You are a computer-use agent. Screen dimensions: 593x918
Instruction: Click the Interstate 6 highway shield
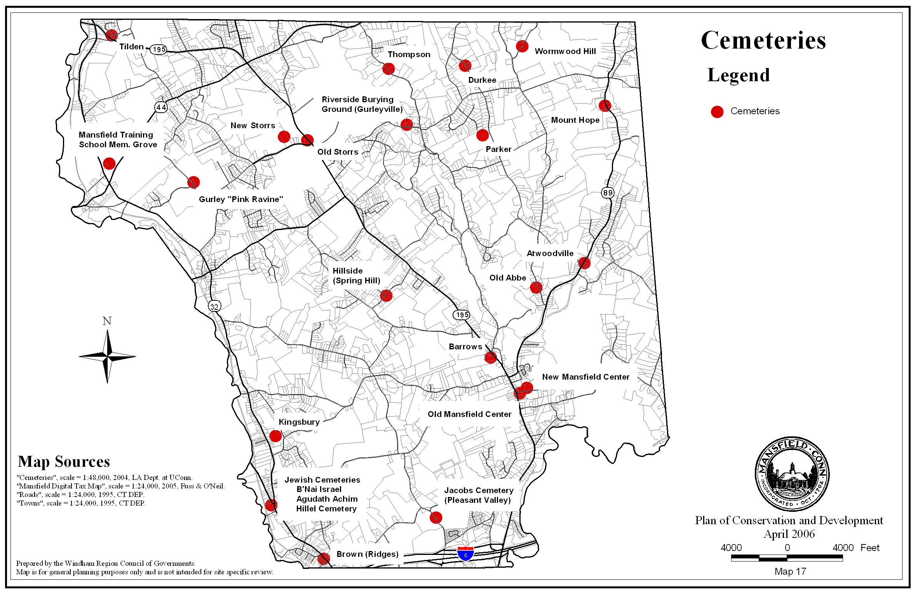pos(465,553)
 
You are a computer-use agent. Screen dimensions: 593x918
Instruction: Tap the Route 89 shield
pos(608,192)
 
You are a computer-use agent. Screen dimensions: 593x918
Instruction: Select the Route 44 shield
pos(161,107)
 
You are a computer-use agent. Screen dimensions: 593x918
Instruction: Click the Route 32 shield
pos(214,306)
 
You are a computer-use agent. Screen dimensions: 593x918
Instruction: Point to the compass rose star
pos(108,356)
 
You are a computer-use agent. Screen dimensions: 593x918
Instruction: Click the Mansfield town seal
pos(792,474)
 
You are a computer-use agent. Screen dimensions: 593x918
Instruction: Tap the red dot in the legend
pos(717,112)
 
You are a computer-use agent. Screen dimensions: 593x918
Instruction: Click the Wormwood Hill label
pos(565,51)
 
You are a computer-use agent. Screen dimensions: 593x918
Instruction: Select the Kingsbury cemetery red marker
pos(275,436)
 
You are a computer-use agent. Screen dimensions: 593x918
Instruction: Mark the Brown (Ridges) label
pos(368,554)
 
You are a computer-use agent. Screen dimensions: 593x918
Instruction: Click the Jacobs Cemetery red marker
pos(436,518)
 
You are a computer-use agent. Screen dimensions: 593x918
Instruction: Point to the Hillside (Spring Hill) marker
pos(386,296)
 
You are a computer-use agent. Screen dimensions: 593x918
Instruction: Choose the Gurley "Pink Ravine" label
pos(241,199)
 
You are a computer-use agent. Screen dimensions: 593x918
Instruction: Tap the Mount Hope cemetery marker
pos(605,105)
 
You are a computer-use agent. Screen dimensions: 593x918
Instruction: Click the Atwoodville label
pos(550,253)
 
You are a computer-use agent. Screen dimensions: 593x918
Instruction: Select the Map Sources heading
pos(64,462)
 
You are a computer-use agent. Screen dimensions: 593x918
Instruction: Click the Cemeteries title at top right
pos(763,40)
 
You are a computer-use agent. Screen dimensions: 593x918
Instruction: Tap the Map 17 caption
pos(790,572)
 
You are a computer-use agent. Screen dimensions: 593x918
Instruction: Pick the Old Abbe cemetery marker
pos(536,288)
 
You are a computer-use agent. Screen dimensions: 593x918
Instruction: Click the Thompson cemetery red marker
pos(388,69)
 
